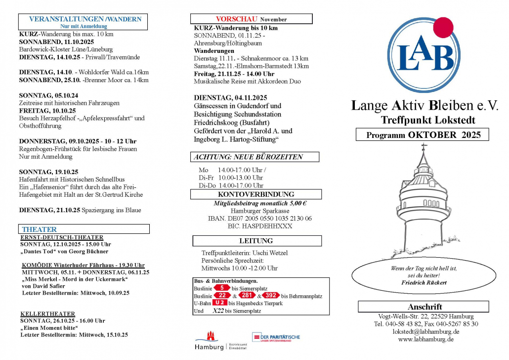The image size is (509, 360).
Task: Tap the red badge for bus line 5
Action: [x=222, y=288]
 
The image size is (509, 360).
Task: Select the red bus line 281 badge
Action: [x=247, y=296]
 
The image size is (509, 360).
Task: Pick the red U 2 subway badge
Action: [x=220, y=303]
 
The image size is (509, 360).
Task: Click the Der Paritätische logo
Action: [x=276, y=337]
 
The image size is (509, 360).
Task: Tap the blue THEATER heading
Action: [x=40, y=229]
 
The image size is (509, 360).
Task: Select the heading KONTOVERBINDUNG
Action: [x=256, y=194]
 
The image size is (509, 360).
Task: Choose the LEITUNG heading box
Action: [x=256, y=241]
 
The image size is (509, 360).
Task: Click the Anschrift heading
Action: [x=424, y=307]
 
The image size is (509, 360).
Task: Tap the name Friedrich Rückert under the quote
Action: [x=424, y=282]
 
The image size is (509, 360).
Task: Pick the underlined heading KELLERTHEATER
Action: [x=48, y=314]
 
